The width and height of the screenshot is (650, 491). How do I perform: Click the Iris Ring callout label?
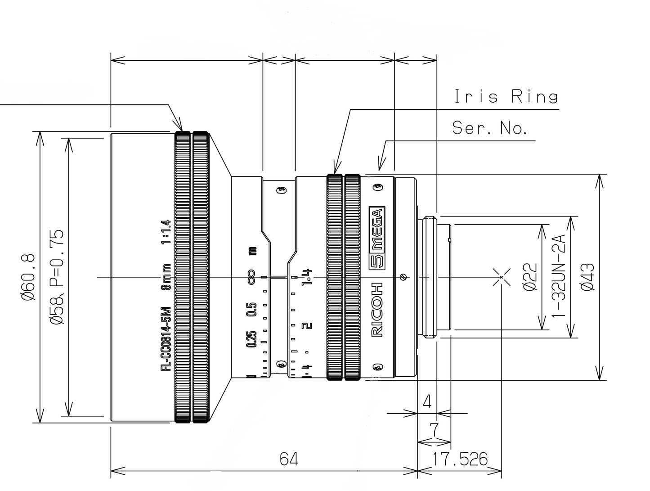[506, 97]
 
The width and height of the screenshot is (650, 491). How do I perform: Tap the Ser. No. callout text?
[489, 128]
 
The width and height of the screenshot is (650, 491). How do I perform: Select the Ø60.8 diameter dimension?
[27, 277]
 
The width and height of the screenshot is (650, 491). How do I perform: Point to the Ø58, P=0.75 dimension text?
[57, 277]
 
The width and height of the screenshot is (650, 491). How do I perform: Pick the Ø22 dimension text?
[531, 277]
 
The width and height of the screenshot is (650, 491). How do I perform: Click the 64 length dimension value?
[289, 459]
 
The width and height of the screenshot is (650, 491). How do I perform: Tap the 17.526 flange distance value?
[460, 459]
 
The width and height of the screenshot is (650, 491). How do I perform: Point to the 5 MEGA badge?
[376, 239]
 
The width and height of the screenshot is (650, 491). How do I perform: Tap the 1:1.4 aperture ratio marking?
[166, 232]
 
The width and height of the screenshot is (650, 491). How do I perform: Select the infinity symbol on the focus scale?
[251, 276]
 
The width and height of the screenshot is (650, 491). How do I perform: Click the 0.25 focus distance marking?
[251, 339]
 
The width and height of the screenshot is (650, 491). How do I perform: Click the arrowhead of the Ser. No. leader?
[380, 167]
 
